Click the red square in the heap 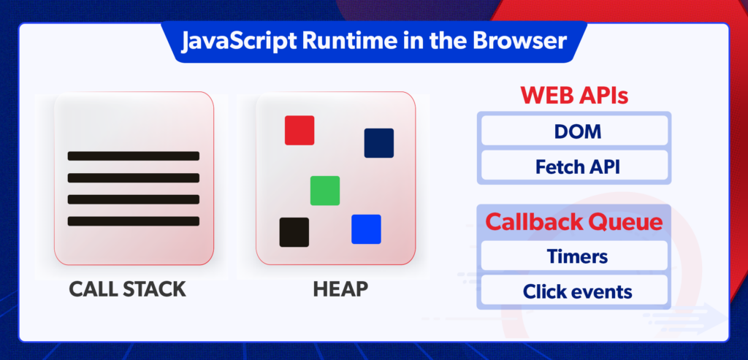point(299,130)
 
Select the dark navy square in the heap point(378,143)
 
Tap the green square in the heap point(324,191)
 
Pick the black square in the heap point(294,232)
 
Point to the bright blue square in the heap point(366,229)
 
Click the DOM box point(573,131)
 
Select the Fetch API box point(573,166)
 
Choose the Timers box point(573,257)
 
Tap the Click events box point(573,292)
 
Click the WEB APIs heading point(573,96)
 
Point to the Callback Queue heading point(573,222)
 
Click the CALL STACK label point(127,289)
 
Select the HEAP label point(340,289)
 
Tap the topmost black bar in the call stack point(134,156)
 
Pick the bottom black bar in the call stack point(134,221)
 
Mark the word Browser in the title point(525,40)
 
